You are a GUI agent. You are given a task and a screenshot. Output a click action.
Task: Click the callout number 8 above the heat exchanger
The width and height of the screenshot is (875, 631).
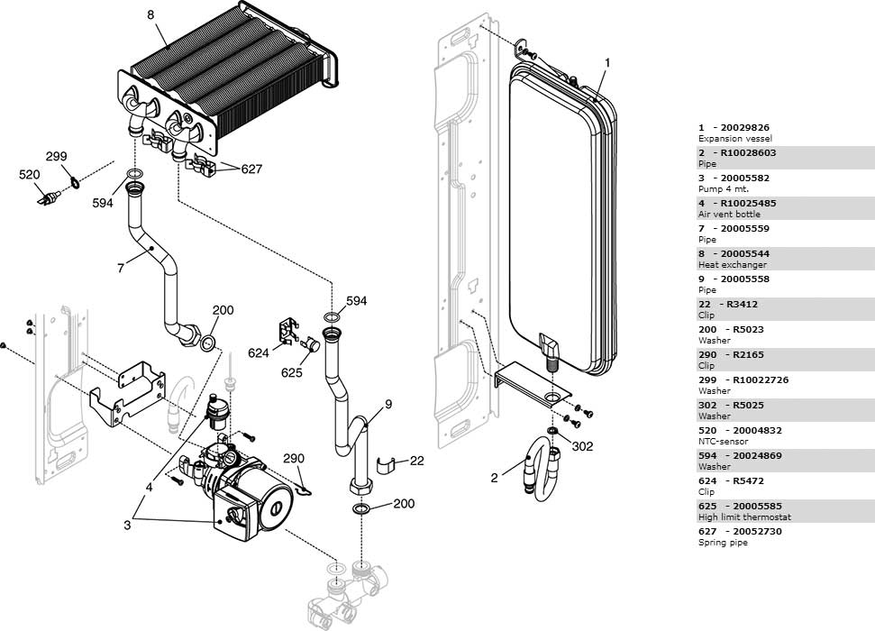point(150,14)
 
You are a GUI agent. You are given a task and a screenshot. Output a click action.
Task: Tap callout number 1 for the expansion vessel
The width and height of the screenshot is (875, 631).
point(607,63)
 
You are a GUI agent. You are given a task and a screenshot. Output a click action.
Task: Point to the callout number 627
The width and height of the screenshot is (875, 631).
point(251,169)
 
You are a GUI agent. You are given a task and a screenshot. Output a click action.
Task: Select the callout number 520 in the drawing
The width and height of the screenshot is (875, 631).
point(30,174)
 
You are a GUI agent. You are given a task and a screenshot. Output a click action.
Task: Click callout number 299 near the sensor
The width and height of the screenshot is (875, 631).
point(57,156)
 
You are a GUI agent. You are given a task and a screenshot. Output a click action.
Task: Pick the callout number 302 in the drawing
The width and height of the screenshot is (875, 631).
point(583,446)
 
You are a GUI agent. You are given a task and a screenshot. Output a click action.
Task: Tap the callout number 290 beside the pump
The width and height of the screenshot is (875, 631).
point(295,458)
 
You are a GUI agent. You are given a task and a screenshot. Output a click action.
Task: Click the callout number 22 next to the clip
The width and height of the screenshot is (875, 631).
point(416,461)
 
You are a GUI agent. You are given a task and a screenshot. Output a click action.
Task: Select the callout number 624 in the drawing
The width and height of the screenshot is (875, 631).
point(260,353)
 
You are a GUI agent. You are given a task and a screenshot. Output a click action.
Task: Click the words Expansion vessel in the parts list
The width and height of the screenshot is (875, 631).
point(735,139)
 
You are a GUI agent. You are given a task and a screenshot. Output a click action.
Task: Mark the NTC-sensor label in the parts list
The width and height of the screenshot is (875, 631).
point(723,442)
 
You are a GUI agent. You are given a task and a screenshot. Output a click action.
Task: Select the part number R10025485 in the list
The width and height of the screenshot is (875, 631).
point(747,204)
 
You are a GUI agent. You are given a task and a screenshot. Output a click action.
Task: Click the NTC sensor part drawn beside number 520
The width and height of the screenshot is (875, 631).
point(49,195)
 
